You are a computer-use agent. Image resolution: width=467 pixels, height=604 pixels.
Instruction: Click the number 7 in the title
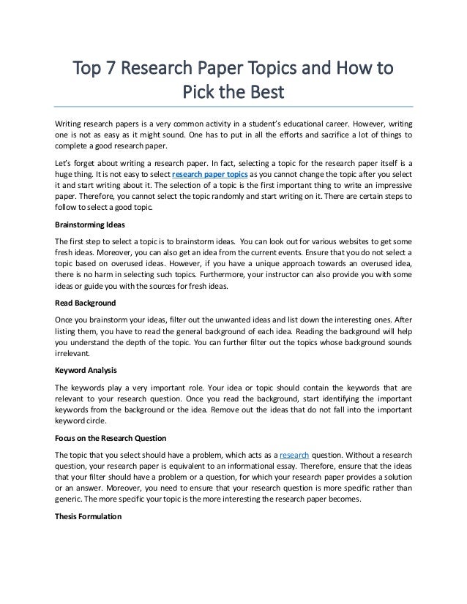point(110,71)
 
